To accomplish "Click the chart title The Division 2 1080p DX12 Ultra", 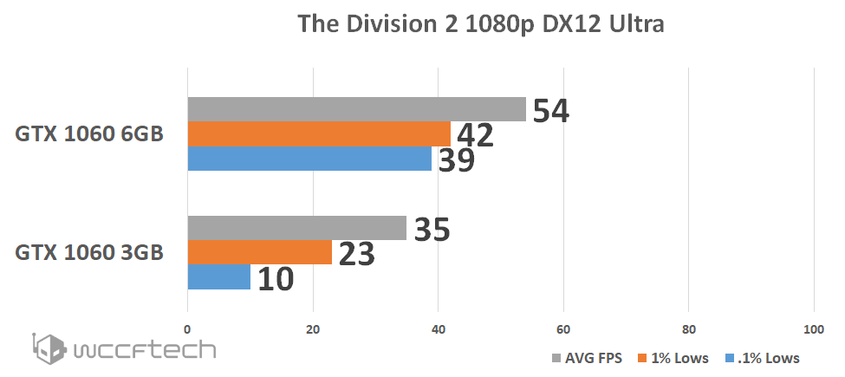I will pos(481,24).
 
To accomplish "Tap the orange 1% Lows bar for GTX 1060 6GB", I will pos(319,133).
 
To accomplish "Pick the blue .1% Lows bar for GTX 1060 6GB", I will pos(309,159).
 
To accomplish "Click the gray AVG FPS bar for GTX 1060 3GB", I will pos(297,228).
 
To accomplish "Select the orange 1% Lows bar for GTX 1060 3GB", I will pos(260,252).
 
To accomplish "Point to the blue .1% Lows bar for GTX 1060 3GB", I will pos(219,277).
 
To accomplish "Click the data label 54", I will pos(551,111).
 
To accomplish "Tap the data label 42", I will pos(476,135).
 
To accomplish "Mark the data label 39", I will pos(455,160).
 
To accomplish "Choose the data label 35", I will pos(431,230).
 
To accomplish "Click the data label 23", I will pos(355,254).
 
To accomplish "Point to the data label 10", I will pos(275,279).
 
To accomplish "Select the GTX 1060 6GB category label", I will pos(89,135).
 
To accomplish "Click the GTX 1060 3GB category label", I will pos(89,253).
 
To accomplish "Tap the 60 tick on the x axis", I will pos(563,328).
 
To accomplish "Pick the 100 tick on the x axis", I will pos(813,328).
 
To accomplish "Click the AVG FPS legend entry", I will pos(588,357).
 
